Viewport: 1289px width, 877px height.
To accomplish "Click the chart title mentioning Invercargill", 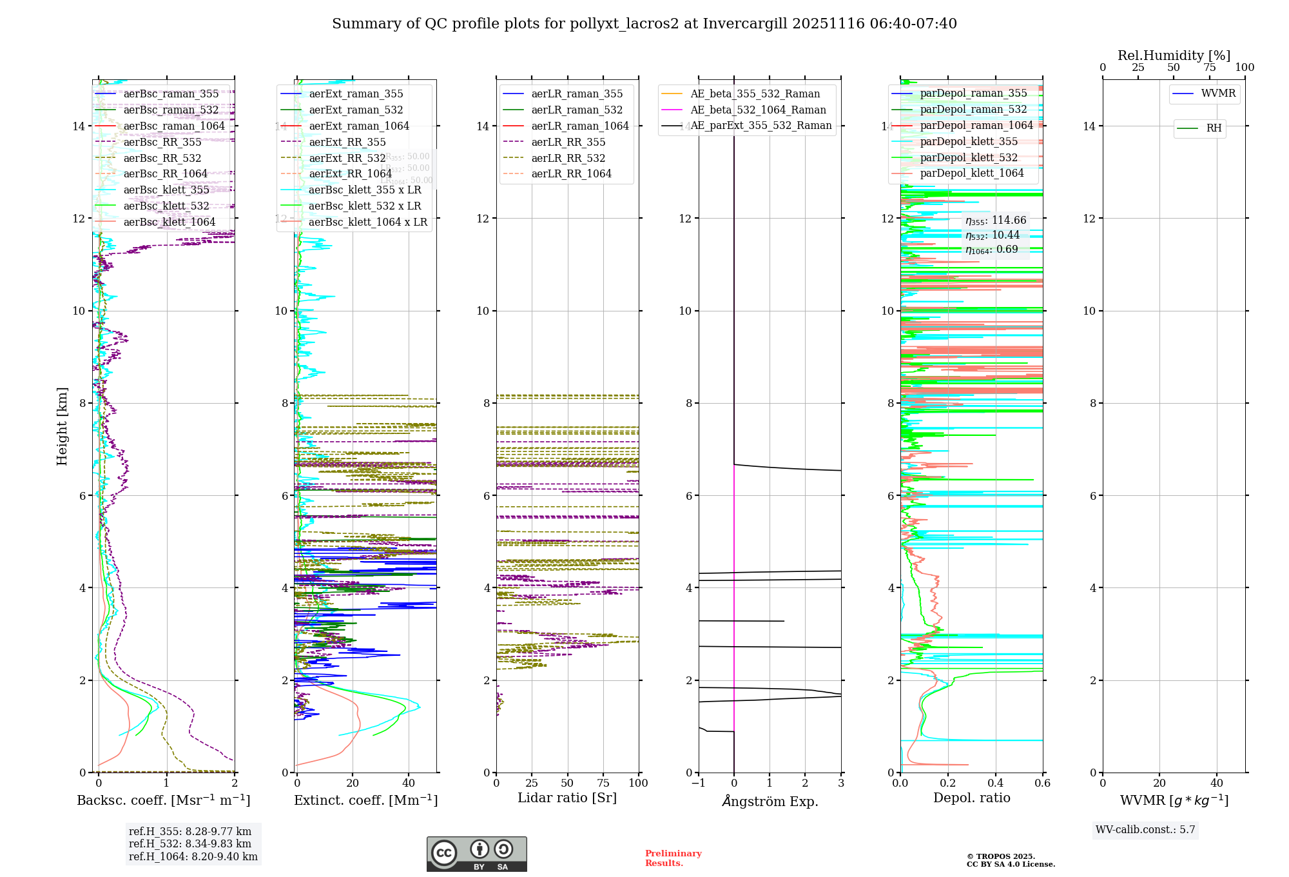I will tap(644, 24).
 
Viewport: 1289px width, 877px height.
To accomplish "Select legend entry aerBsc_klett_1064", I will tap(169, 222).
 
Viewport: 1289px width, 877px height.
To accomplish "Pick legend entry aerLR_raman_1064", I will tap(579, 126).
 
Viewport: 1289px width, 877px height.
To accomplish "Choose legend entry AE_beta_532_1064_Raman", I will tap(758, 110).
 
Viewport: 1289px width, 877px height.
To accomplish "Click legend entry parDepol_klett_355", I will tap(969, 141).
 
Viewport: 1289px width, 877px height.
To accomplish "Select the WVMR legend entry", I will tap(1218, 94).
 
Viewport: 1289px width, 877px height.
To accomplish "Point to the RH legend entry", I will tap(1214, 128).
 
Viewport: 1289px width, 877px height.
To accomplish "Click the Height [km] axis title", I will tap(62, 426).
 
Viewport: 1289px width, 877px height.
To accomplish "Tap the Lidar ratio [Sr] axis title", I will tap(567, 798).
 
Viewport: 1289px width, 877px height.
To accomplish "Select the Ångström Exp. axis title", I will tap(770, 801).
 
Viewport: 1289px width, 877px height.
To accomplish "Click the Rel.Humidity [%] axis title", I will tap(1174, 55).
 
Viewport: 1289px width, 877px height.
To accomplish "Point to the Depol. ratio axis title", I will tap(971, 798).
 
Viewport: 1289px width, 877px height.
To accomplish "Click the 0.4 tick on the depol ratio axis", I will tap(995, 783).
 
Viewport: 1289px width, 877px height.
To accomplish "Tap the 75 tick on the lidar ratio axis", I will tap(603, 783).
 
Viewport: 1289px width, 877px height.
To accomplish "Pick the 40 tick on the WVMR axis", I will tap(1216, 783).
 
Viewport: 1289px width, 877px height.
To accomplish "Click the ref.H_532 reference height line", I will tap(190, 843).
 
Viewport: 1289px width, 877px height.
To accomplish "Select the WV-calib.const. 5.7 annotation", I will tap(1145, 829).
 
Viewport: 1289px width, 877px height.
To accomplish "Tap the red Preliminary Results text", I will tap(673, 858).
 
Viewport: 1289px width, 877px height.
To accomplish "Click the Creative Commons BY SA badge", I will tap(476, 854).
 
